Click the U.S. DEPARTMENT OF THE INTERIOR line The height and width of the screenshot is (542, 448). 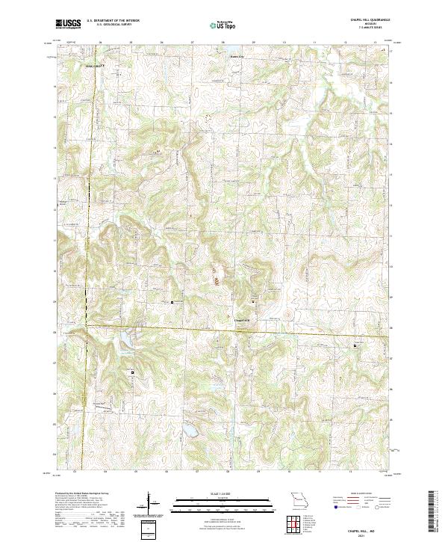pos(113,20)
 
